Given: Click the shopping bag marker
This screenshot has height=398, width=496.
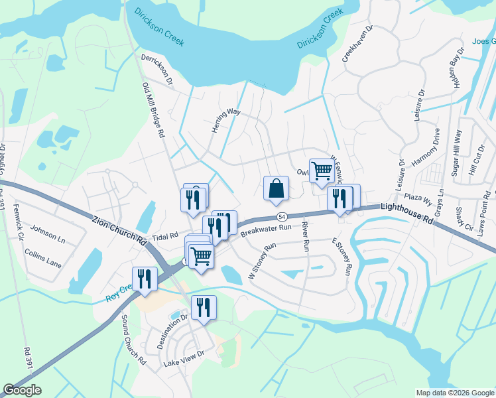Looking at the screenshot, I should [x=275, y=188].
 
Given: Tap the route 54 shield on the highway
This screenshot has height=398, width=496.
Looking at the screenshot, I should [x=282, y=217].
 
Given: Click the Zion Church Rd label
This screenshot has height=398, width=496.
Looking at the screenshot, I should [x=119, y=228].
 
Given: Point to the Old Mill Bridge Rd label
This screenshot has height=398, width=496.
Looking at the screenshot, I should [x=153, y=109].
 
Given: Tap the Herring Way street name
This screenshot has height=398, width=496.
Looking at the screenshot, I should [x=225, y=121].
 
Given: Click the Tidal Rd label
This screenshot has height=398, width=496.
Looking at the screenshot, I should [x=165, y=235].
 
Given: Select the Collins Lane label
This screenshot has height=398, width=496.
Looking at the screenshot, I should [x=43, y=259].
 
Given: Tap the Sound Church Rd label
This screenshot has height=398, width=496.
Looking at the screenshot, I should [x=133, y=340].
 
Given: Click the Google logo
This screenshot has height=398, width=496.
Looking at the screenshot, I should [x=23, y=390].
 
